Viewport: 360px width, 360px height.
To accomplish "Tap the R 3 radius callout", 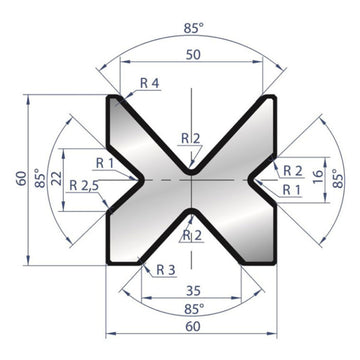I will (x=165, y=270).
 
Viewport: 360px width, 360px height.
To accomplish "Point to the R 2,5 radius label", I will (x=85, y=186).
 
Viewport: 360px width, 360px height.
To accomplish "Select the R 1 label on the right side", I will (x=291, y=188).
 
